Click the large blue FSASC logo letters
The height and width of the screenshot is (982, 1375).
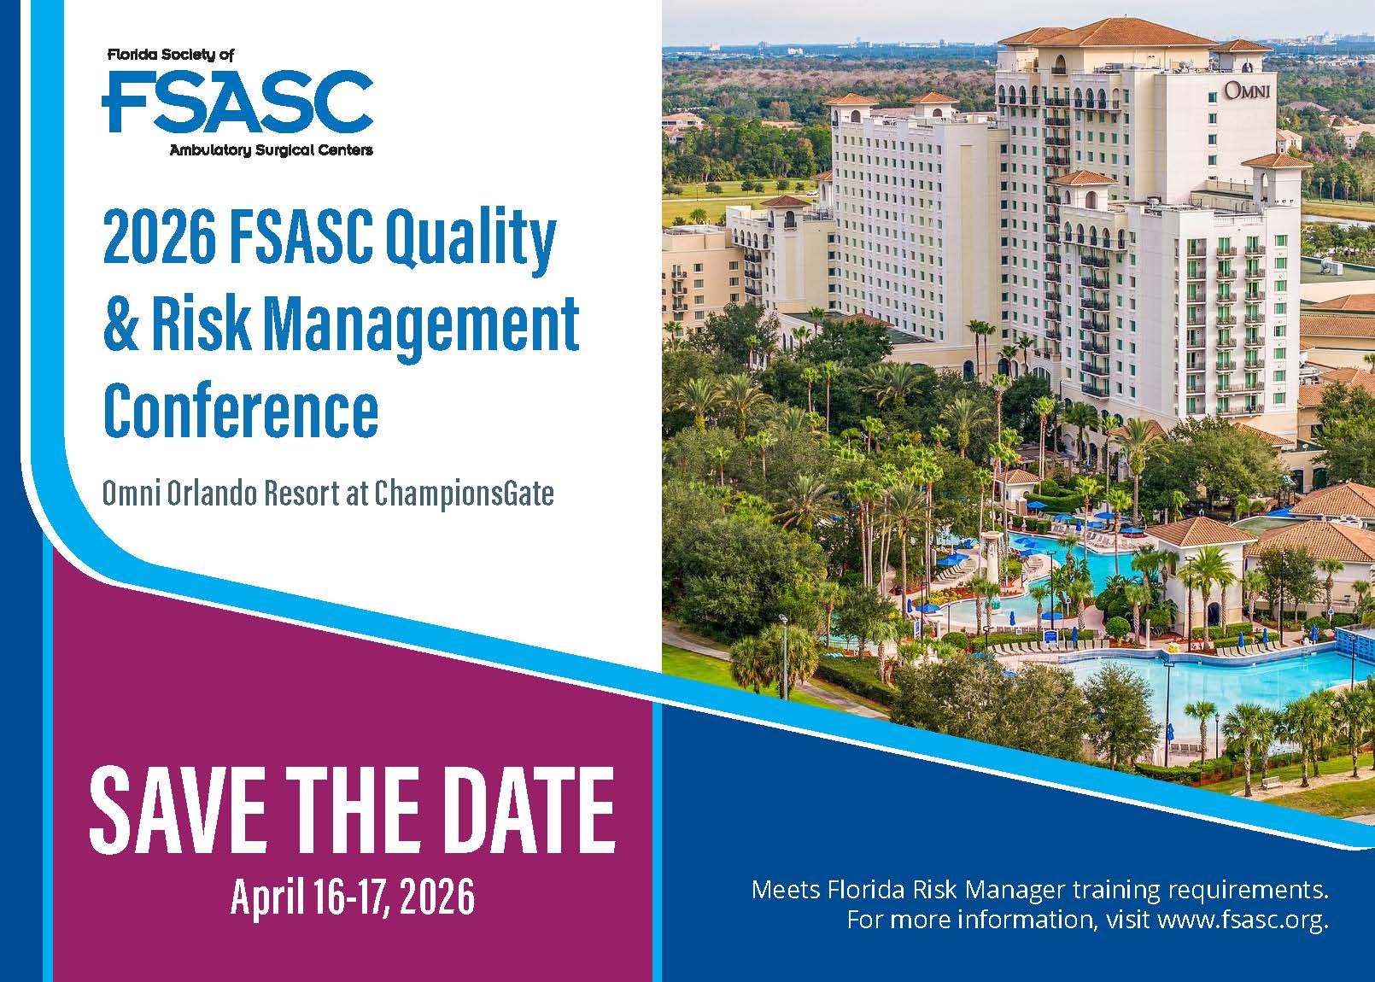[237, 102]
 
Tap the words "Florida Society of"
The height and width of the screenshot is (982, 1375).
[171, 55]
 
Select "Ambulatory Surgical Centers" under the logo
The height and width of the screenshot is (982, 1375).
[272, 149]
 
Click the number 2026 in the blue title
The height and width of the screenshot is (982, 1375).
[160, 237]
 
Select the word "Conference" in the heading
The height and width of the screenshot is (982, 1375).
[241, 409]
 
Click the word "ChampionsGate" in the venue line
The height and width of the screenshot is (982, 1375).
[464, 494]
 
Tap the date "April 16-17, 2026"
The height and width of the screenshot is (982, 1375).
[353, 897]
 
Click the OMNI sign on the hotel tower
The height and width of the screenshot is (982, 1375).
[1247, 91]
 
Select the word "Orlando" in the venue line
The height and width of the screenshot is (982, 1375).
[211, 494]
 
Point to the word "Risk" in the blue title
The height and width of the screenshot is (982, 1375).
[202, 323]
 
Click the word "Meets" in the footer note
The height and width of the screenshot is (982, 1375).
[785, 889]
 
